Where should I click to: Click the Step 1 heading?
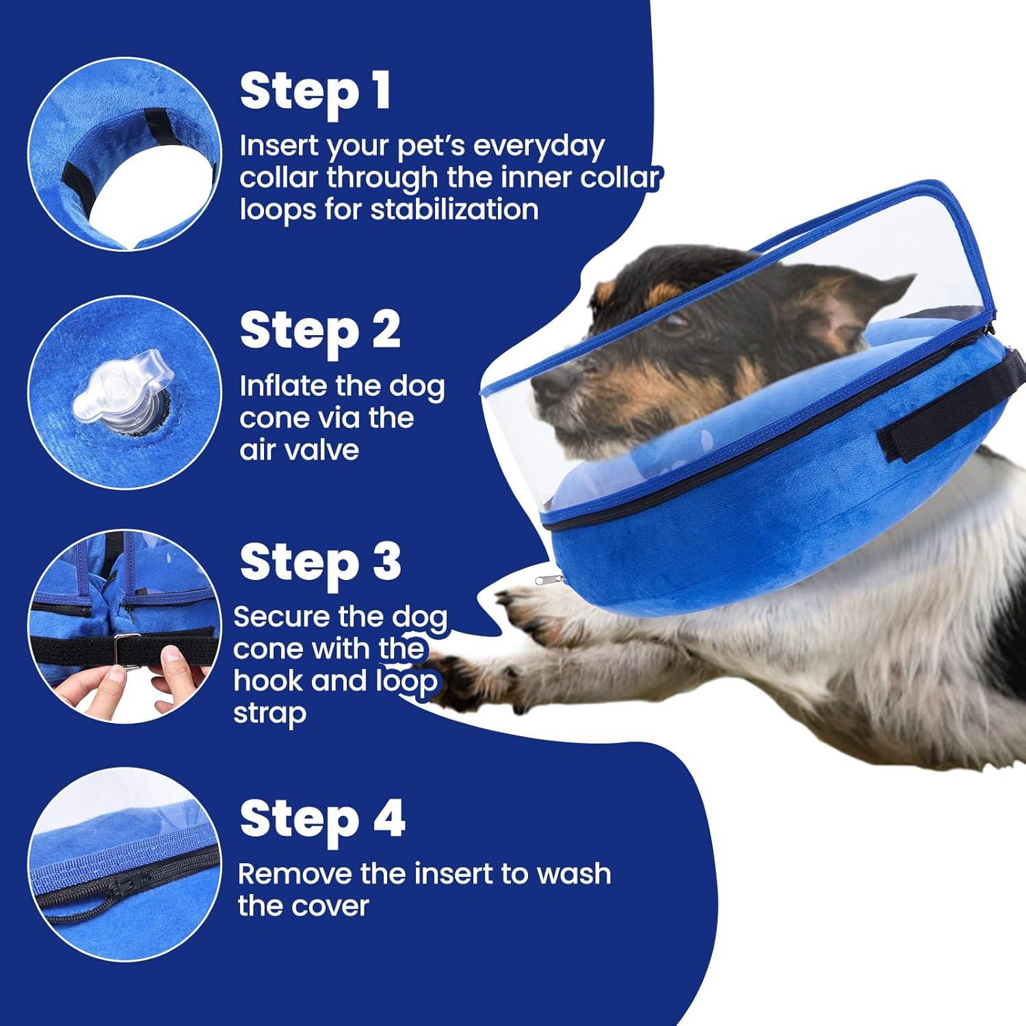click(x=315, y=92)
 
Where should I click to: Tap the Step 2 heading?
click(x=320, y=331)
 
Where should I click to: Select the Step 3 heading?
click(x=320, y=562)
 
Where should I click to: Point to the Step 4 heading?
click(x=322, y=819)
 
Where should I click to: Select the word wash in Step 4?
click(x=573, y=874)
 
